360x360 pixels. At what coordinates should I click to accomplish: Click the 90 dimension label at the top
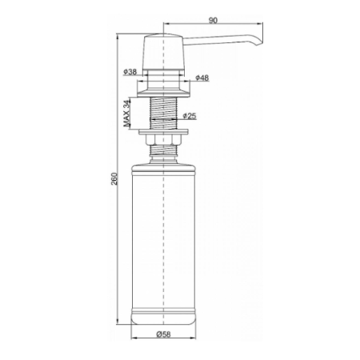213,20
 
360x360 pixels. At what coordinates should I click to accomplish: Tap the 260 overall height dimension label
114,178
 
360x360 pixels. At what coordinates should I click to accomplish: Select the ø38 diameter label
130,72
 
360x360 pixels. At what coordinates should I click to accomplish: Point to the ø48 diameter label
202,78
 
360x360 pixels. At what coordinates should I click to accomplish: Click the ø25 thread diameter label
190,116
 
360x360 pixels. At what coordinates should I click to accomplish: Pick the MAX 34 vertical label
127,114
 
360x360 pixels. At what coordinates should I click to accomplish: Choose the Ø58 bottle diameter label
163,334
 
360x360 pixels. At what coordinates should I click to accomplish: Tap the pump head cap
163,52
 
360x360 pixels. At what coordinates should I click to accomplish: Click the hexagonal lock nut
163,140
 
